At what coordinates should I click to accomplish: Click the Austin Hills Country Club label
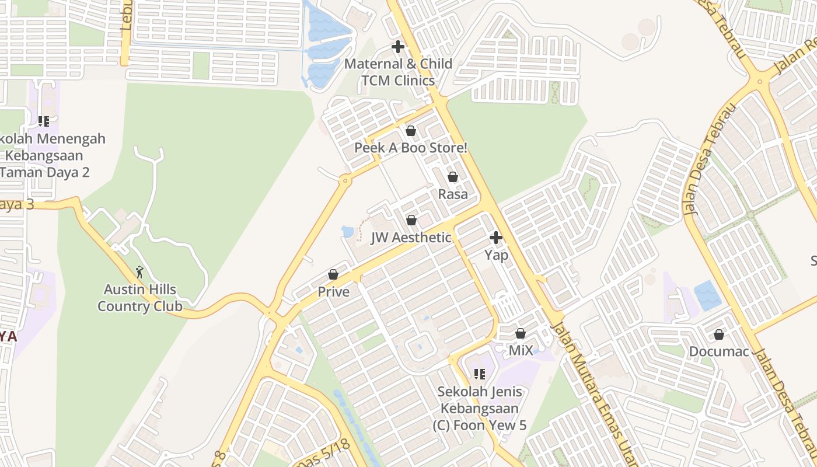click(140, 298)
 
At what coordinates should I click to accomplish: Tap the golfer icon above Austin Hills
click(139, 272)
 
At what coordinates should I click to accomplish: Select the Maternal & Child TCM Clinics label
click(398, 72)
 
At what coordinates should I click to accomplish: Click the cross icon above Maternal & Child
click(398, 47)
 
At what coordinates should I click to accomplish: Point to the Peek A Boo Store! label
click(411, 148)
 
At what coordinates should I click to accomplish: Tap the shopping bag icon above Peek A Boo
click(411, 131)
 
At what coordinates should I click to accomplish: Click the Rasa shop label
click(453, 194)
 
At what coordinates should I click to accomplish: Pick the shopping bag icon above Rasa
click(453, 176)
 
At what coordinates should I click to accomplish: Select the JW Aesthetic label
click(411, 238)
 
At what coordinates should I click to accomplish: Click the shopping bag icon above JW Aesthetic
click(411, 220)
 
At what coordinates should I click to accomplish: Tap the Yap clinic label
click(496, 255)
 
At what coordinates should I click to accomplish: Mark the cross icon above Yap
click(496, 238)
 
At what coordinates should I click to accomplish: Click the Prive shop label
click(333, 292)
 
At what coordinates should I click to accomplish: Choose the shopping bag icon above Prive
click(333, 274)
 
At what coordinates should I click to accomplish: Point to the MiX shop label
click(521, 350)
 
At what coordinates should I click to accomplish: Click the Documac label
click(718, 351)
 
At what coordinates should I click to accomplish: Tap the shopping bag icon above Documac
click(719, 334)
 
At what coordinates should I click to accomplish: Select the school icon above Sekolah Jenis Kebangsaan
click(480, 374)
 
